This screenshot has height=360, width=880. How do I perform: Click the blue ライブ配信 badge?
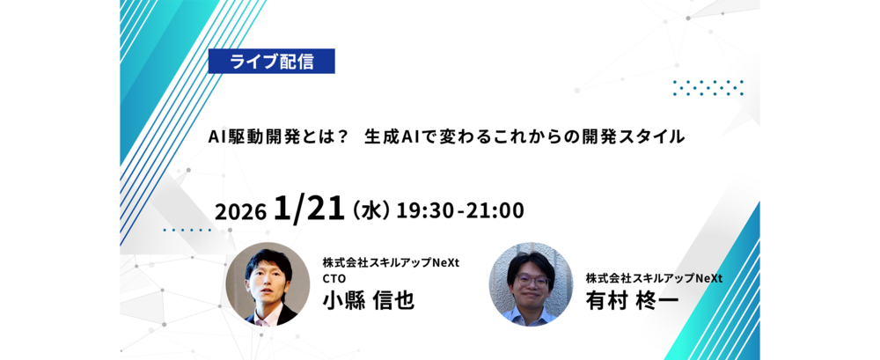point(272,62)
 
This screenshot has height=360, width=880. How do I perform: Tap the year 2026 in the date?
point(240,212)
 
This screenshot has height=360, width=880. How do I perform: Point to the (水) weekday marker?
point(370,211)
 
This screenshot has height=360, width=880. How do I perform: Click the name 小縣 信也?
point(368,300)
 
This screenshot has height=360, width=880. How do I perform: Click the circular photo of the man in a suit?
point(268,284)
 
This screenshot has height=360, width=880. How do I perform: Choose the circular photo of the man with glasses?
point(531,284)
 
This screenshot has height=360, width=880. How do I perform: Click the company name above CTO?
point(391,262)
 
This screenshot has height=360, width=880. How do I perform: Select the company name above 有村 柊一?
point(654,278)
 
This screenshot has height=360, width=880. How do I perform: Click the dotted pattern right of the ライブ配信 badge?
point(708,88)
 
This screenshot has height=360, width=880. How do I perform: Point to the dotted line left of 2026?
point(187,230)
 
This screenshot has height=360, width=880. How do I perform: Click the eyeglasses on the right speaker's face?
point(530,280)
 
